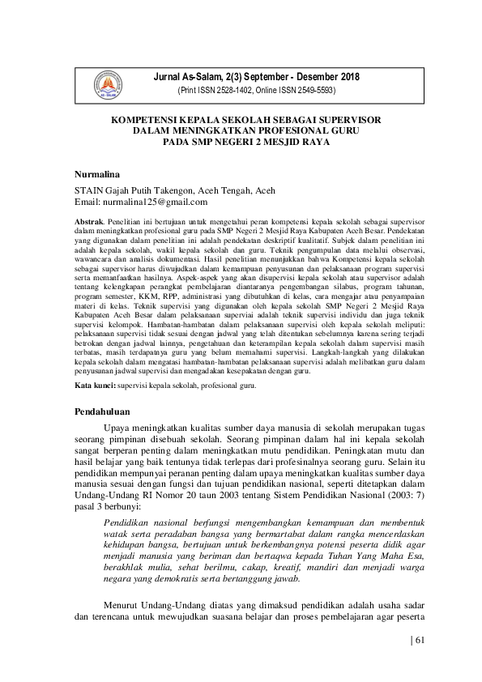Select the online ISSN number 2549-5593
(314, 91)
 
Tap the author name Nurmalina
(96, 175)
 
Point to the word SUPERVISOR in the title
(348, 119)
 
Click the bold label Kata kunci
(93, 386)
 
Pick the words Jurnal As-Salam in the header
(201, 77)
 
